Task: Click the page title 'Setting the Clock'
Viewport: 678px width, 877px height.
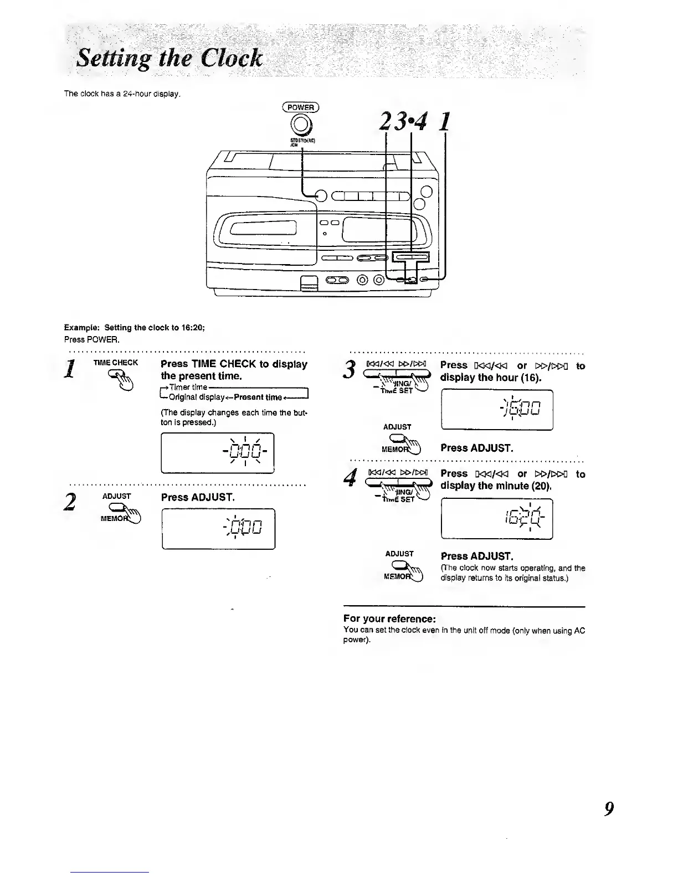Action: click(169, 58)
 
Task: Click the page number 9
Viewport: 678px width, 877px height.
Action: click(608, 809)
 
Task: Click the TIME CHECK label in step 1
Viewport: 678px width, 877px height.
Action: click(116, 363)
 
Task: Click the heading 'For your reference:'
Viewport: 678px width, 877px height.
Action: click(389, 618)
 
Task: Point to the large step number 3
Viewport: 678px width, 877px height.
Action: click(349, 369)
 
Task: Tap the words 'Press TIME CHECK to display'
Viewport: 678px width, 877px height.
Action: click(234, 364)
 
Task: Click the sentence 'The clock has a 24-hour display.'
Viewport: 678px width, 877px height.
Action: click(122, 94)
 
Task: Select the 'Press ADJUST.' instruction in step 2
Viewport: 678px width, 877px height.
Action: click(198, 497)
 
